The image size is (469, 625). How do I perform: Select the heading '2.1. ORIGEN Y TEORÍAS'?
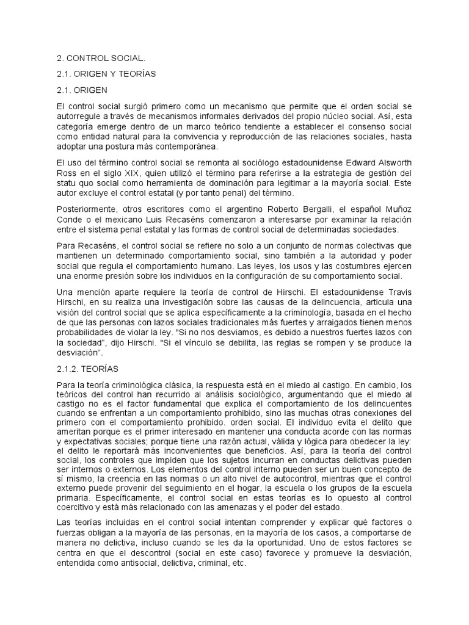[x=106, y=74]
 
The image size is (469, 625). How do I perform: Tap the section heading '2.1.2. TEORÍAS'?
[x=88, y=369]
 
